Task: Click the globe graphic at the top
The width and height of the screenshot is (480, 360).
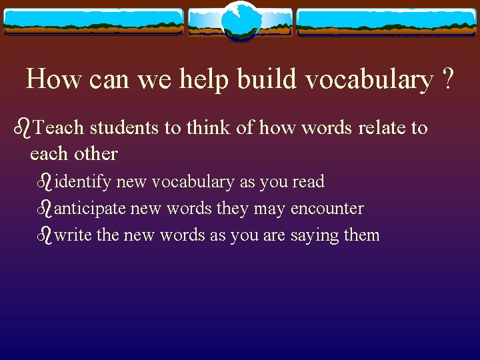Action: (x=239, y=22)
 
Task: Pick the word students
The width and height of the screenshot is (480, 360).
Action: (x=124, y=127)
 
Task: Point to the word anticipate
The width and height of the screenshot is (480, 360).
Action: (x=90, y=209)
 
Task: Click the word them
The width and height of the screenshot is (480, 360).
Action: (x=360, y=235)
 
